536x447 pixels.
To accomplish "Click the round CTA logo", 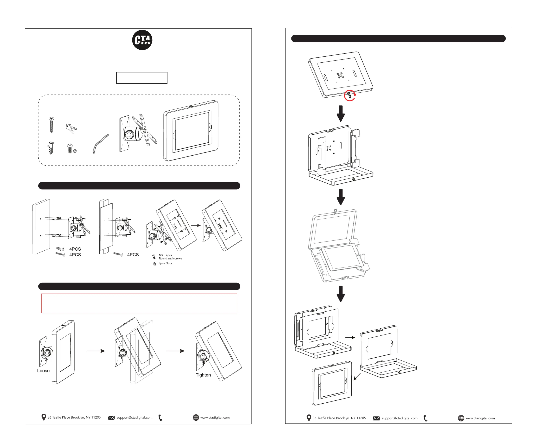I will (142, 40).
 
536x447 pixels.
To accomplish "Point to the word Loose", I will (43, 371).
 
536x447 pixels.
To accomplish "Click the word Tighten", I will (203, 375).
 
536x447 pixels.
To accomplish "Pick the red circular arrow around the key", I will (350, 96).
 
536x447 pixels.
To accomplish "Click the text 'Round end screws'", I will (170, 259).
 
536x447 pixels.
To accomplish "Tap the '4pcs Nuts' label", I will (165, 263).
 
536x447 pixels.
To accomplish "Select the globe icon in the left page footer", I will (196, 417).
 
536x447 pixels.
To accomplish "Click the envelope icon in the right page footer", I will (376, 418).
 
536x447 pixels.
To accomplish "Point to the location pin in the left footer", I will (44, 417).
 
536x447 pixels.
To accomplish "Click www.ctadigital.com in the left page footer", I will (215, 417).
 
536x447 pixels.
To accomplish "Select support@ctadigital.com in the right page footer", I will (400, 418).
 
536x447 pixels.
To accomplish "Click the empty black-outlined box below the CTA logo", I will (142, 78).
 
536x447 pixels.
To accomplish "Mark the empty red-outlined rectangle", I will (139, 303).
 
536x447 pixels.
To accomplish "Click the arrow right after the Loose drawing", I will (96, 351).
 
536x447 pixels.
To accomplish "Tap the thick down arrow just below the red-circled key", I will (341, 114).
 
